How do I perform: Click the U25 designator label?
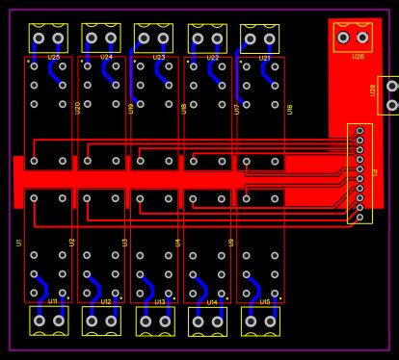tap(53, 58)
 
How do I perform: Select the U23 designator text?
tap(159, 58)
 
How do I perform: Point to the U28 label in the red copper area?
tap(358, 57)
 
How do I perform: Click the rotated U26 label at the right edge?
tap(373, 90)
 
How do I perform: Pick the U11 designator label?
tap(53, 301)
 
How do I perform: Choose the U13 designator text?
tap(159, 301)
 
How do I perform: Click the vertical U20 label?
tap(78, 108)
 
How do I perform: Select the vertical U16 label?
tap(290, 109)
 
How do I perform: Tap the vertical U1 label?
tap(19, 243)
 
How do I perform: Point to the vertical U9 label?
tap(231, 243)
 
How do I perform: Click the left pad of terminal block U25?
tap(39, 39)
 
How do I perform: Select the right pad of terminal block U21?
tap(270, 39)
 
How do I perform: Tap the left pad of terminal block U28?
tap(343, 39)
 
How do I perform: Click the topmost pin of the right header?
tap(359, 130)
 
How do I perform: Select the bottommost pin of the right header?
tap(359, 218)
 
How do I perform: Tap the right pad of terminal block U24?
tap(111, 39)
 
